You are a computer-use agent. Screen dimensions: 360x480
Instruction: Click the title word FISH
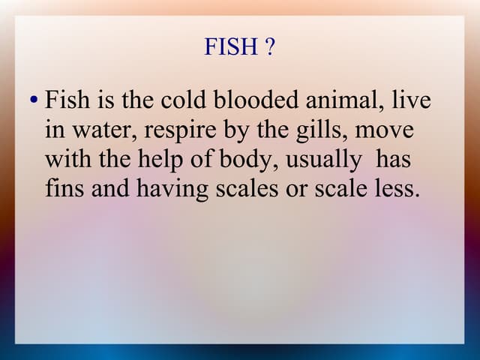[x=231, y=48]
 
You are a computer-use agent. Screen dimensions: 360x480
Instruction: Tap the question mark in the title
[x=269, y=48]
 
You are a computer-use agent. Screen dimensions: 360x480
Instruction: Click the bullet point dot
[x=34, y=100]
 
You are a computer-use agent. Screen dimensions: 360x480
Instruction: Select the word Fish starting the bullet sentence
[x=67, y=100]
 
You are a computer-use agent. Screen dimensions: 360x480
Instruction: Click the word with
[x=65, y=159]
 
